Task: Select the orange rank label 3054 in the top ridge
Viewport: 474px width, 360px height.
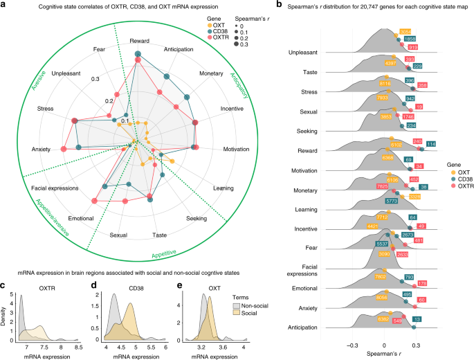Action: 404,33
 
